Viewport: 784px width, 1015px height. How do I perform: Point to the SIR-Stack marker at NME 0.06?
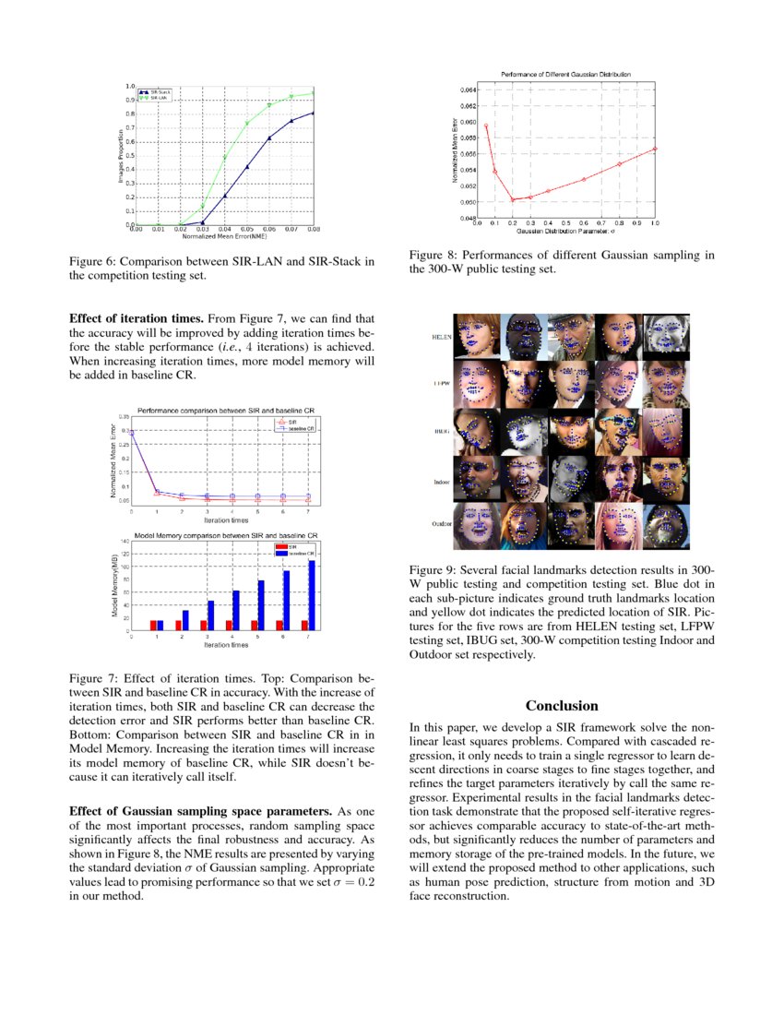269,138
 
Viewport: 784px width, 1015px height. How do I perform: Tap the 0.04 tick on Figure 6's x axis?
224,230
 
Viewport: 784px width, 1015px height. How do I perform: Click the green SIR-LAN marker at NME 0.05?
246,124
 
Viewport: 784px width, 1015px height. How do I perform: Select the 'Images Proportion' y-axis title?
120,155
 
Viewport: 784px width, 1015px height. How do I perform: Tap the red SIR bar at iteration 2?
178,625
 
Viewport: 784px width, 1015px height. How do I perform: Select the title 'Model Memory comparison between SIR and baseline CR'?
226,534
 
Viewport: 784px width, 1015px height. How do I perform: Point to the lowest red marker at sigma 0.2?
512,199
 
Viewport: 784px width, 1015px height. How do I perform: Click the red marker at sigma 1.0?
655,149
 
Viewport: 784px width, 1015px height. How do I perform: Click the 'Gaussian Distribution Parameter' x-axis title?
565,230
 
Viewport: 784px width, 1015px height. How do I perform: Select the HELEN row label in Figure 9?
442,338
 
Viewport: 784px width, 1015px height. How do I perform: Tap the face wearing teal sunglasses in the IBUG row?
617,431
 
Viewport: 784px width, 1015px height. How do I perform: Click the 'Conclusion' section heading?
562,706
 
